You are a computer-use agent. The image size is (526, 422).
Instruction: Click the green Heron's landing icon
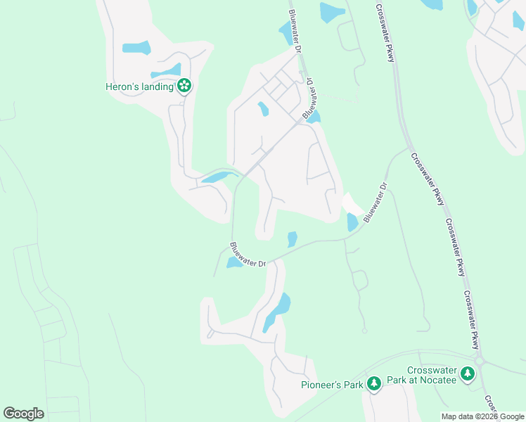[184, 87]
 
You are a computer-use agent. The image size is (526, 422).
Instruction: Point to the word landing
[157, 87]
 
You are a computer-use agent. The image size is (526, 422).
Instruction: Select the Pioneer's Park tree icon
[376, 383]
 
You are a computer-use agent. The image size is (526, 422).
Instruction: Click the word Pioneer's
[320, 385]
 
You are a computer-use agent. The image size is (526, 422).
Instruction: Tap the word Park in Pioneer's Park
[353, 385]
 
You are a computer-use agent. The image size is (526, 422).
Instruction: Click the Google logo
[23, 413]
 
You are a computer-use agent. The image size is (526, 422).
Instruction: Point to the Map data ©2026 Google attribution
[482, 416]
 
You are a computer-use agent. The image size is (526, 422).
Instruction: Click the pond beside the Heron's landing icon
[166, 72]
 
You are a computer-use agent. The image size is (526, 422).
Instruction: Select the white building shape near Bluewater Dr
[352, 205]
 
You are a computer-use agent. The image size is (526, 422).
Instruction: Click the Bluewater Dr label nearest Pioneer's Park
[248, 255]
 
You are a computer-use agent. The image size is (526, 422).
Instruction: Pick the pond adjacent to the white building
[352, 222]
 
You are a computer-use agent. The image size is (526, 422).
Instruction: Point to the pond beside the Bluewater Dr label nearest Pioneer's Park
[233, 263]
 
